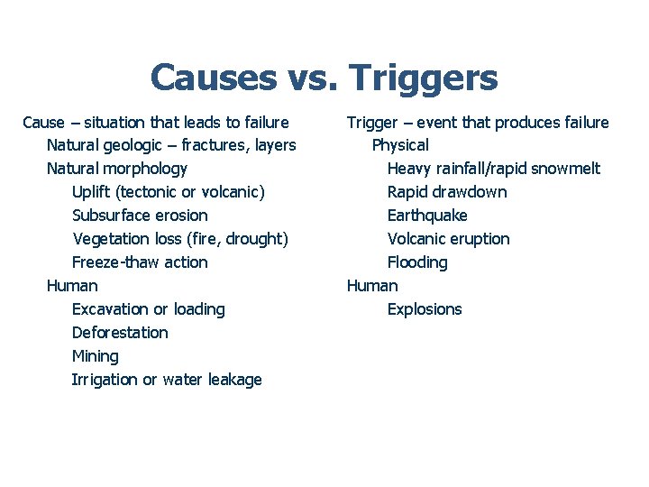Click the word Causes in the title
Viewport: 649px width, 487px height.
coord(213,78)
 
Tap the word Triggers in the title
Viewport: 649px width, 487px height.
coord(424,79)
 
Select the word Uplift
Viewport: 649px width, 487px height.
coord(92,192)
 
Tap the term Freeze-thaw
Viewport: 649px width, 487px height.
coord(114,262)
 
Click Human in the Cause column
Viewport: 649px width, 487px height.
coord(72,286)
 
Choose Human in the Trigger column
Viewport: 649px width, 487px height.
coord(372,286)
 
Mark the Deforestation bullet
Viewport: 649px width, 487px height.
coord(120,333)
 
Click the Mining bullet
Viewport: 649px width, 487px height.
coord(95,356)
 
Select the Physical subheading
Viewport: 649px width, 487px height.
coord(400,145)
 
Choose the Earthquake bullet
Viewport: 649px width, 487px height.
coord(427,216)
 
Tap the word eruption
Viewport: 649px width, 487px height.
coord(479,239)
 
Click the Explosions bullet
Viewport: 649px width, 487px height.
coord(425,309)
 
